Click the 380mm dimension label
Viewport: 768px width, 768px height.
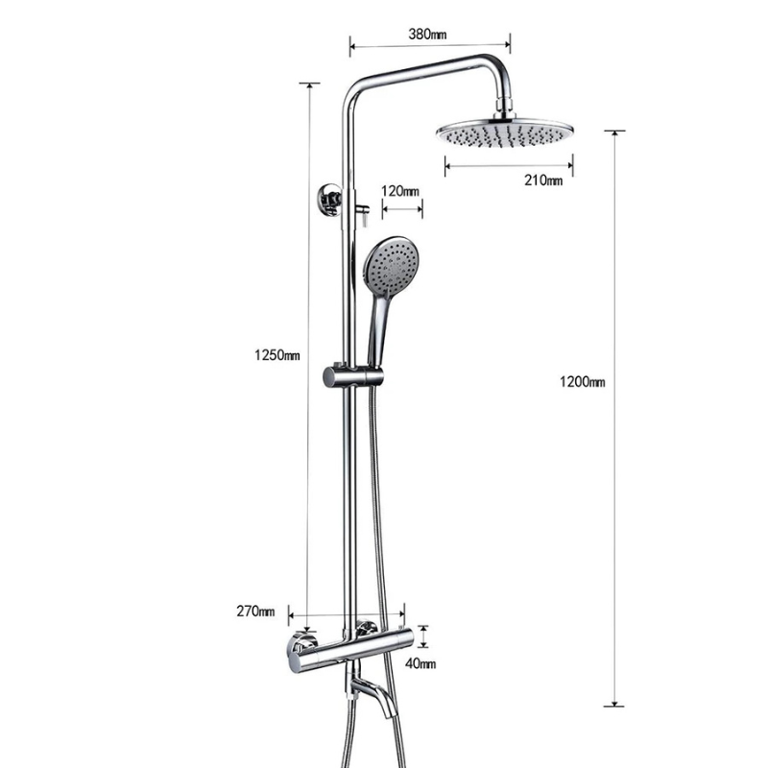click(428, 34)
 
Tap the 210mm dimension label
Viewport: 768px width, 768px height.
click(543, 180)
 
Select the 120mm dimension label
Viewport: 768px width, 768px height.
click(400, 191)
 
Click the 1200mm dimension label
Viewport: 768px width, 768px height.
click(583, 382)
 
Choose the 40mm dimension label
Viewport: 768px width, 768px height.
click(420, 663)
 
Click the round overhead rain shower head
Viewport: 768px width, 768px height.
click(504, 133)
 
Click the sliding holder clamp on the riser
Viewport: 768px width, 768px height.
click(352, 375)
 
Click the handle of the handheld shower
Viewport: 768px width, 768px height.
click(377, 331)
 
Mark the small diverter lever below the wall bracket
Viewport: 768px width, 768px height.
click(363, 213)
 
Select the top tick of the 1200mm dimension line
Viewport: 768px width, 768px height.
click(614, 131)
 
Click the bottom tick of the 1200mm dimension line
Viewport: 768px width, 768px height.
click(614, 706)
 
